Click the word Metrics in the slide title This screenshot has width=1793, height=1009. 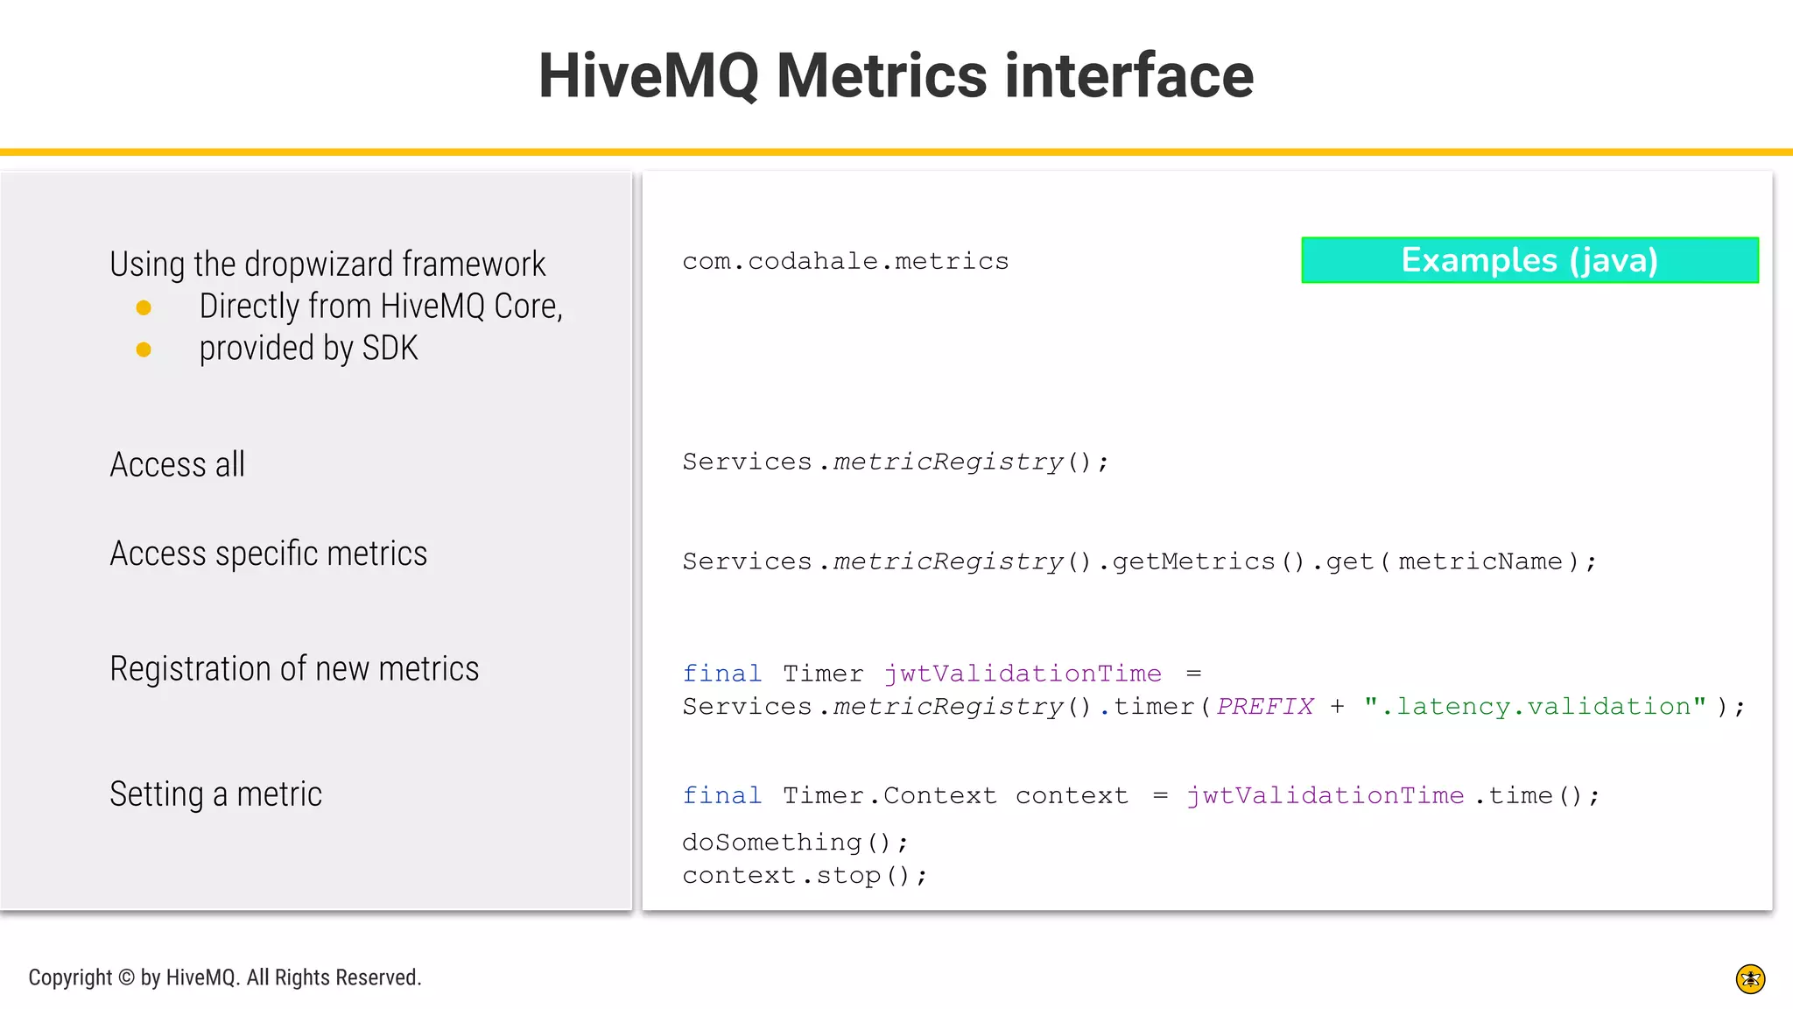pos(882,75)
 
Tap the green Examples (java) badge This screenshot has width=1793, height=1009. pos(1529,260)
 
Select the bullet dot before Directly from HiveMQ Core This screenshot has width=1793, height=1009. pos(144,307)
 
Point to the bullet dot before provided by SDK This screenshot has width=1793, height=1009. pos(144,349)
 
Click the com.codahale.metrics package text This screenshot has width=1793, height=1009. pos(845,261)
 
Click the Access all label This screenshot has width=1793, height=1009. pos(177,464)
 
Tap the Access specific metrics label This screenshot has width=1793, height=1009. pos(268,554)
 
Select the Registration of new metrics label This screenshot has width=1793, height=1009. pos(294,669)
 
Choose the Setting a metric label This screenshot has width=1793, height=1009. pos(215,794)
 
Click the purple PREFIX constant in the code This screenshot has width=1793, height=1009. pos(1265,707)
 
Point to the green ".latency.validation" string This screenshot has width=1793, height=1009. pos(1535,707)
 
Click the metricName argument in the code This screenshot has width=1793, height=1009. pos(1480,561)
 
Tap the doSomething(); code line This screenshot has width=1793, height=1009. pos(795,843)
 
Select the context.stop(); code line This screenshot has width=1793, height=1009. pos(804,876)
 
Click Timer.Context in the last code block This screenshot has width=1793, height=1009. pos(889,796)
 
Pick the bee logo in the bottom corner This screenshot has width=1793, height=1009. pos(1750,979)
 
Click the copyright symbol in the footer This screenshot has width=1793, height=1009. pos(126,977)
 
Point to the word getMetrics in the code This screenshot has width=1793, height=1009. pos(1193,561)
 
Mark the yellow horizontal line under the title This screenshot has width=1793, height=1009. pos(896,152)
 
